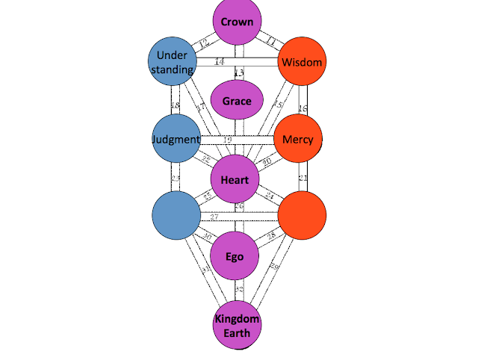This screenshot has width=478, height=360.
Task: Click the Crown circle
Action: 237,22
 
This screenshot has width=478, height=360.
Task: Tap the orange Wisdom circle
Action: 302,63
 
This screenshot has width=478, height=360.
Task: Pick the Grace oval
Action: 237,101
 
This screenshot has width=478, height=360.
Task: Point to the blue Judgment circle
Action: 176,139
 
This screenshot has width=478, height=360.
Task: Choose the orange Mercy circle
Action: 298,139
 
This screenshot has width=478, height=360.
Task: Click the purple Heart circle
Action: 235,179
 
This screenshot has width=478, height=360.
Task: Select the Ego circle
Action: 236,256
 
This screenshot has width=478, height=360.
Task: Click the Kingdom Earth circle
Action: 237,326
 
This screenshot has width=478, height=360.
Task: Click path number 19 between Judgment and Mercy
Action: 228,140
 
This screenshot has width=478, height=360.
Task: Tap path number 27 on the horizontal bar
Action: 214,217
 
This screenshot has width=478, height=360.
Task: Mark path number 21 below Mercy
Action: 303,178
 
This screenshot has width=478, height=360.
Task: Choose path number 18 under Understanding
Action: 175,105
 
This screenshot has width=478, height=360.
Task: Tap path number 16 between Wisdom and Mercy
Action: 302,108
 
